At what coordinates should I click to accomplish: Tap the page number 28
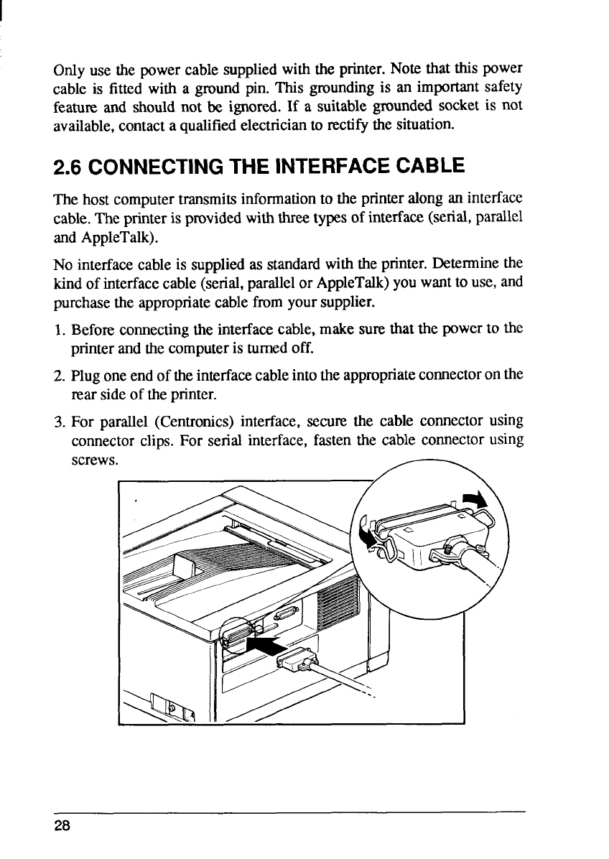point(62,827)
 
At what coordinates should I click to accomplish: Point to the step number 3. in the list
point(60,419)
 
